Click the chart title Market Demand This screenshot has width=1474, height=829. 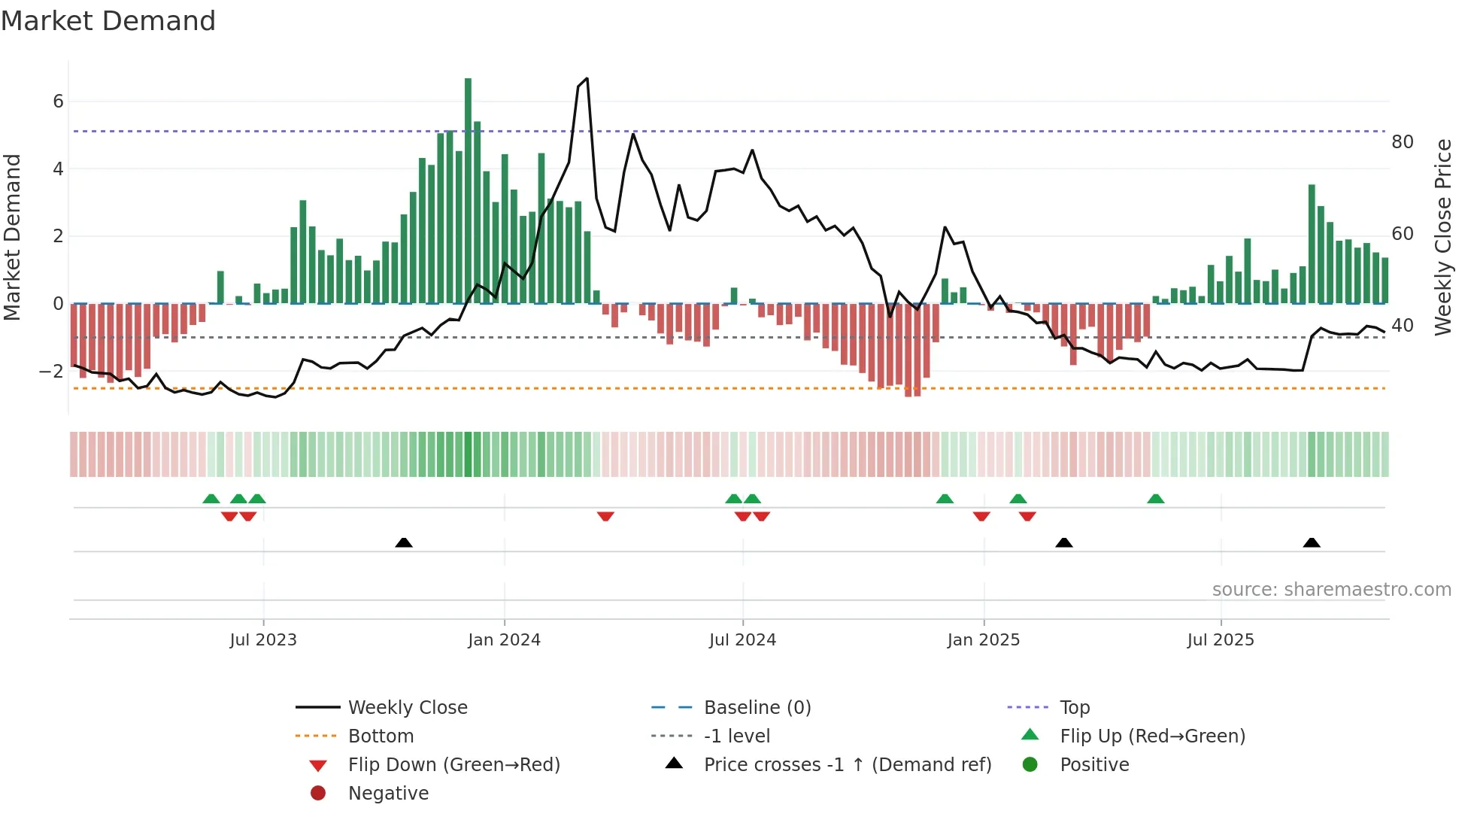click(x=108, y=21)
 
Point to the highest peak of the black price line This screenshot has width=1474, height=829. click(x=587, y=78)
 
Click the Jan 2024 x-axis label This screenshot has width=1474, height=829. click(x=504, y=640)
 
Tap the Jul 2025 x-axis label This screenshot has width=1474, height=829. click(x=1221, y=640)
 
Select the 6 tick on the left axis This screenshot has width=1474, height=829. click(x=58, y=102)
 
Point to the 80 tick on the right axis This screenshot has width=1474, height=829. click(x=1403, y=142)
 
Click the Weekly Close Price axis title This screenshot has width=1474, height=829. click(x=1442, y=237)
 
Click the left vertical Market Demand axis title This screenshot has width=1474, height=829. click(x=13, y=237)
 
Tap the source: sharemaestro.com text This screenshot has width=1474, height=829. click(x=1331, y=590)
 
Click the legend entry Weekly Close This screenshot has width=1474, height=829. click(x=407, y=708)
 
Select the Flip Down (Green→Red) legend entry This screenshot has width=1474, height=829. click(x=453, y=765)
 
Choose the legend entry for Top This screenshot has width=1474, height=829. click(x=1074, y=708)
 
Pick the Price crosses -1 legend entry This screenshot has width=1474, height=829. click(x=847, y=765)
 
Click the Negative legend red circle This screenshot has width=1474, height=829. click(x=318, y=794)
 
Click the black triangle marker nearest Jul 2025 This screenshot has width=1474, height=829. click(x=1312, y=542)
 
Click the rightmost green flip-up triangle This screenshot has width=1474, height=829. click(x=1156, y=499)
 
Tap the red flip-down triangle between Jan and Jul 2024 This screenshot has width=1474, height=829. click(x=605, y=516)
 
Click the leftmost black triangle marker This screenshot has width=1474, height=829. click(x=404, y=542)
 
